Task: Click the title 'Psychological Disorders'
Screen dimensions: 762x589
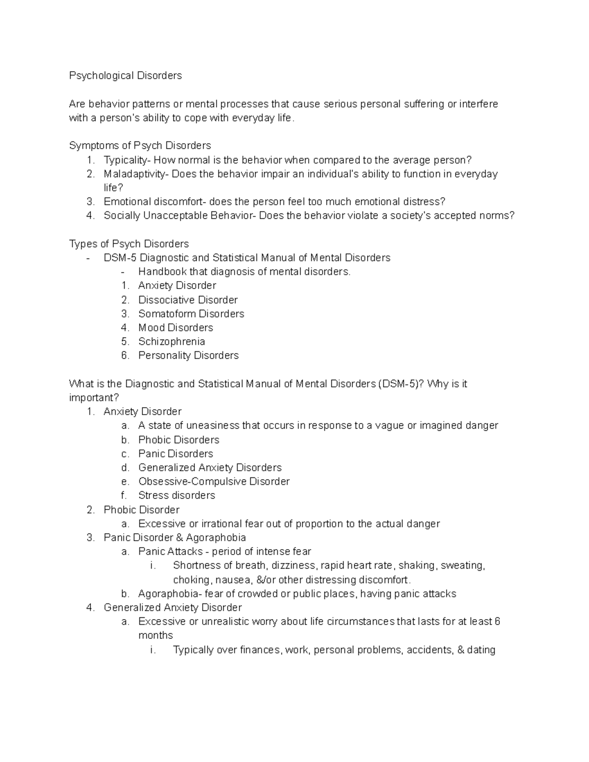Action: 125,76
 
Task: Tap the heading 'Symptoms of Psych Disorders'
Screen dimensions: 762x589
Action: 140,146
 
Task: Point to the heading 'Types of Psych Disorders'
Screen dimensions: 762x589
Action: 129,244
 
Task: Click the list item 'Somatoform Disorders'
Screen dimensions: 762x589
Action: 191,314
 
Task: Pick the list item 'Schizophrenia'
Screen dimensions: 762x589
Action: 171,342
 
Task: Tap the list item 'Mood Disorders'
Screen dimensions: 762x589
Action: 175,328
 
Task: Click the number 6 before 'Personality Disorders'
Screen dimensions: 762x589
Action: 125,355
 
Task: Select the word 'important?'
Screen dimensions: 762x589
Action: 94,397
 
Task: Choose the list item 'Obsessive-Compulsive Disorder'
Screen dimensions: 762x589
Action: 214,481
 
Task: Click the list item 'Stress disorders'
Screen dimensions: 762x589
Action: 177,496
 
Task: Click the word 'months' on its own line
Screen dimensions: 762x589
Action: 156,635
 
